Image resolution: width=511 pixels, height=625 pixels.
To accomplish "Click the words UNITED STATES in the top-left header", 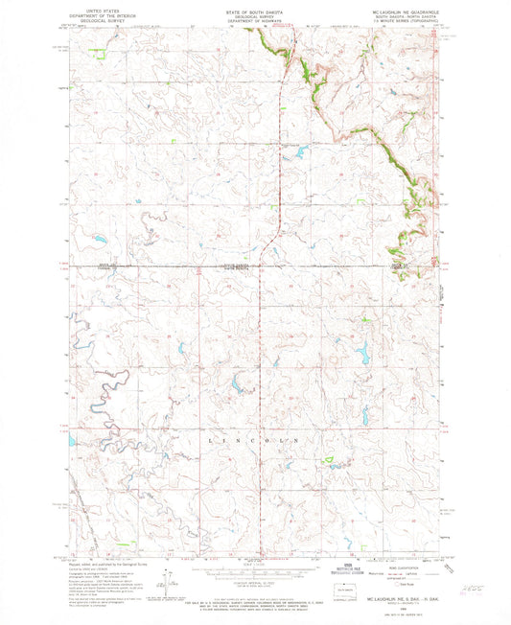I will tap(86, 5).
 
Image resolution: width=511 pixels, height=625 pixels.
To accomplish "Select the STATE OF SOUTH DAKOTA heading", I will tap(255, 5).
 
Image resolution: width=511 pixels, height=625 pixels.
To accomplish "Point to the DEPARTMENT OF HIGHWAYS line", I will tap(255, 15).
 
